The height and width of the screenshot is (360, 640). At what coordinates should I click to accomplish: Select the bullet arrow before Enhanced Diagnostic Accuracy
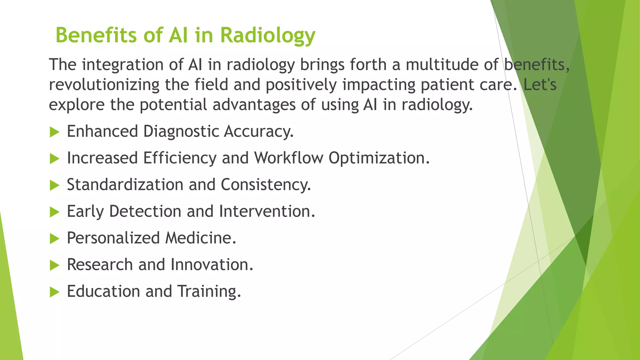[54, 132]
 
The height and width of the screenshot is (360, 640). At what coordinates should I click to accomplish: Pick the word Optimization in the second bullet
[379, 158]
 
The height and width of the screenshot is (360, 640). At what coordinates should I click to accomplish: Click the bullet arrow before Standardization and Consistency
[54, 185]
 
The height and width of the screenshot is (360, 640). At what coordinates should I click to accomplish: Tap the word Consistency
[266, 185]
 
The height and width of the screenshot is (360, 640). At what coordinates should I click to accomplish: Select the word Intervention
[267, 211]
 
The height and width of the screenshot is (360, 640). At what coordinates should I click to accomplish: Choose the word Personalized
[113, 238]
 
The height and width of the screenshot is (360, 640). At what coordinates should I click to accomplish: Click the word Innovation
[212, 265]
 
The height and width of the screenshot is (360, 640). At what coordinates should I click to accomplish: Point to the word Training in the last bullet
[209, 292]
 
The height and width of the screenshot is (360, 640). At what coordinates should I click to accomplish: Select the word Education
[103, 291]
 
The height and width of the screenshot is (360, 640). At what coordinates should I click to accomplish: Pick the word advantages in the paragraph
[254, 105]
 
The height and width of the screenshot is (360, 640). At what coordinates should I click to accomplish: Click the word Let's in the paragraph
[540, 85]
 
